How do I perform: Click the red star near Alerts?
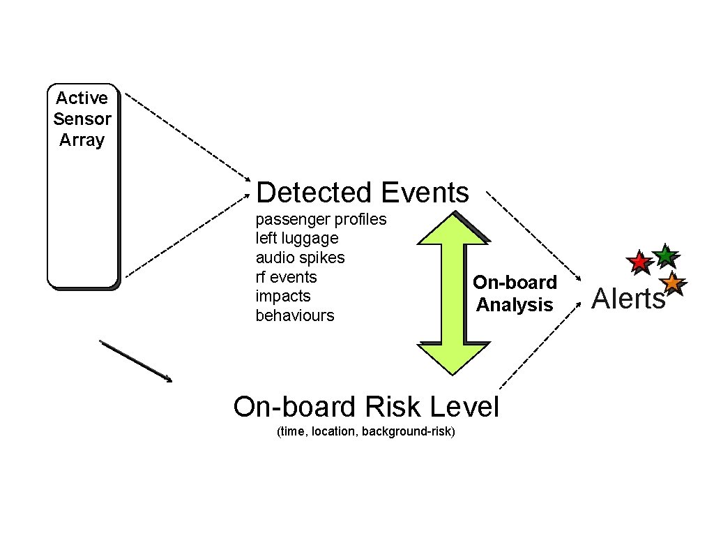(638, 262)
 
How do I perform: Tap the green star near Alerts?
(665, 255)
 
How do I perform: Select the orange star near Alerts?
(671, 283)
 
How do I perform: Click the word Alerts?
(628, 299)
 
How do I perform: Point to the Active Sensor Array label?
(82, 119)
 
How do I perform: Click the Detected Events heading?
(363, 192)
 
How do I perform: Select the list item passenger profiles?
(321, 219)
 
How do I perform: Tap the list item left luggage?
(297, 239)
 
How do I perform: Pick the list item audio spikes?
(300, 258)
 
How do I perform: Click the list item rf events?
(286, 277)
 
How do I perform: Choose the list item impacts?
(283, 296)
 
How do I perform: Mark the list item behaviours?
(295, 315)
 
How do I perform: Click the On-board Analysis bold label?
(515, 294)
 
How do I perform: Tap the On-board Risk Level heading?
(366, 406)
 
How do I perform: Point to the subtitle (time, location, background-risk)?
(366, 432)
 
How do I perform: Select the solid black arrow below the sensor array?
(136, 361)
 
